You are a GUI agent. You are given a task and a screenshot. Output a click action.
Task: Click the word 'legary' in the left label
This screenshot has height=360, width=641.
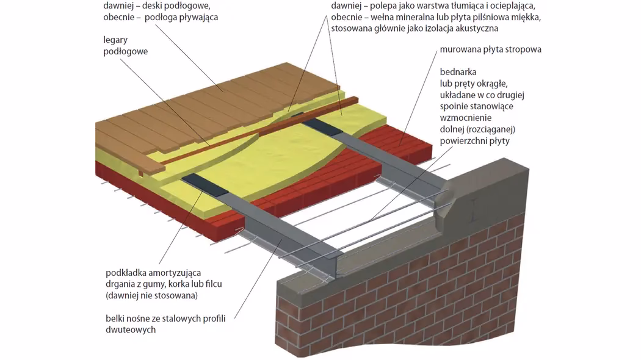coord(115,40)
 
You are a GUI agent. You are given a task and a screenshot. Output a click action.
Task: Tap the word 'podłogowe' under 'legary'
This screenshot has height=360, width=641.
coord(125,52)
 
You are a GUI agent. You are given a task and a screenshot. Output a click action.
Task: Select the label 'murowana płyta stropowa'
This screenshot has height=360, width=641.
coord(490,49)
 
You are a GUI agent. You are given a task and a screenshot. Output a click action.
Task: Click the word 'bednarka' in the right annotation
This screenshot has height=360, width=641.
coord(458,72)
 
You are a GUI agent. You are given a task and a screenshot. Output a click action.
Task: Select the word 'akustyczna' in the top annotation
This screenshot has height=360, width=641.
coord(477,28)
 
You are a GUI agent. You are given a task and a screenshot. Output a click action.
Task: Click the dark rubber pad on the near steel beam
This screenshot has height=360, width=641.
coord(202,183)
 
